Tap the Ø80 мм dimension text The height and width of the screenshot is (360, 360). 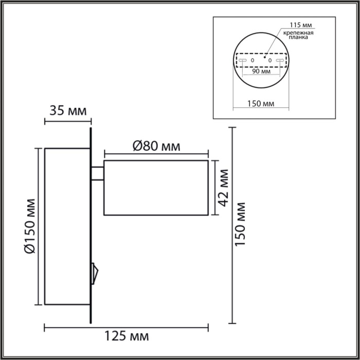(x=156, y=146)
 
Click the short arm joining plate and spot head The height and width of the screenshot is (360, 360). (x=98, y=174)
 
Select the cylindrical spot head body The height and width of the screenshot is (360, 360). (x=156, y=188)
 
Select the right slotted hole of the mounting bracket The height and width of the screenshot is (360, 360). (x=280, y=61)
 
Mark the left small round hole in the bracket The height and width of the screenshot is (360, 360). (x=252, y=61)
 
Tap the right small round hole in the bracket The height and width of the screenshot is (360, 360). (x=269, y=61)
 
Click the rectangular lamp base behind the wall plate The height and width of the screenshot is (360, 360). (x=67, y=226)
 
